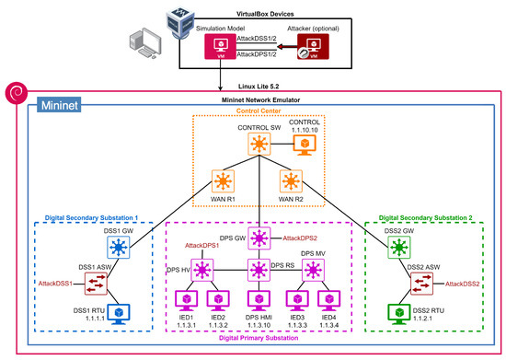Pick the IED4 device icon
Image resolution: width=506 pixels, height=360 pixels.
328,301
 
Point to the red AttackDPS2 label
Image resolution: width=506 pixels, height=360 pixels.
299,238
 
